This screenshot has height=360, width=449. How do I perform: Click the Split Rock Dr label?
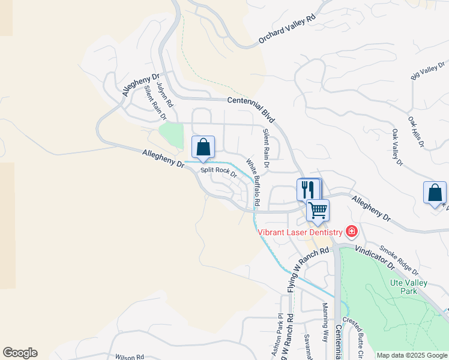click(x=219, y=171)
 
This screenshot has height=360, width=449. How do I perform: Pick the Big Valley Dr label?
click(x=427, y=71)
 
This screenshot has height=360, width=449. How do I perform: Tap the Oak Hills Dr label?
click(x=416, y=133)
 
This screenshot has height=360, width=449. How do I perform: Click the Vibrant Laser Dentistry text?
click(x=300, y=232)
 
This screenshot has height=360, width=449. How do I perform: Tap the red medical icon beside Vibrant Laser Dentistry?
click(x=351, y=232)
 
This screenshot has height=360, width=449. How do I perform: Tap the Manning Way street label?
click(x=325, y=322)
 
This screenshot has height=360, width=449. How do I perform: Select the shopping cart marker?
click(x=318, y=211)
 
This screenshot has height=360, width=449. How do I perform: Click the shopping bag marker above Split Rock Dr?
click(x=203, y=147)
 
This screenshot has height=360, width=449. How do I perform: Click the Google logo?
click(x=20, y=353)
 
